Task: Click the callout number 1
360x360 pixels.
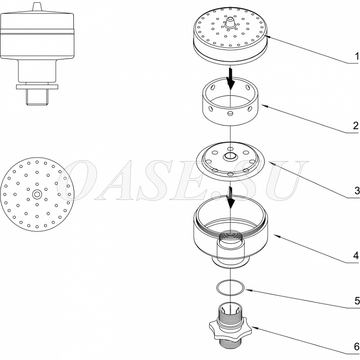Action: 357,56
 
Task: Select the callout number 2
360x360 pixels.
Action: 356,126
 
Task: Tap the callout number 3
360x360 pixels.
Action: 357,190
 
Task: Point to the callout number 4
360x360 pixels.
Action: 356,255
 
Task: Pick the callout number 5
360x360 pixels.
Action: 357,301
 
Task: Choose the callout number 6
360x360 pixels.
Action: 357,347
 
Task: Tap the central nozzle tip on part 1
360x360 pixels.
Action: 230,22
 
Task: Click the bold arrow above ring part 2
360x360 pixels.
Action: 231,78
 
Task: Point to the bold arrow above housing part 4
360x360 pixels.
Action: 231,197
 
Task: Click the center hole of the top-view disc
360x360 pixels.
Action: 37,195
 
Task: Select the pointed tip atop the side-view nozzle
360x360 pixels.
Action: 37,6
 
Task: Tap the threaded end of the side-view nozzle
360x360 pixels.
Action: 37,97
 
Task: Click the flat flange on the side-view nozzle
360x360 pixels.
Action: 37,87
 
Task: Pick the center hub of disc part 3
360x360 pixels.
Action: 230,156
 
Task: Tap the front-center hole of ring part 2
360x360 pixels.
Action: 230,113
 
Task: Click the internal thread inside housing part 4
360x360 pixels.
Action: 230,236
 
